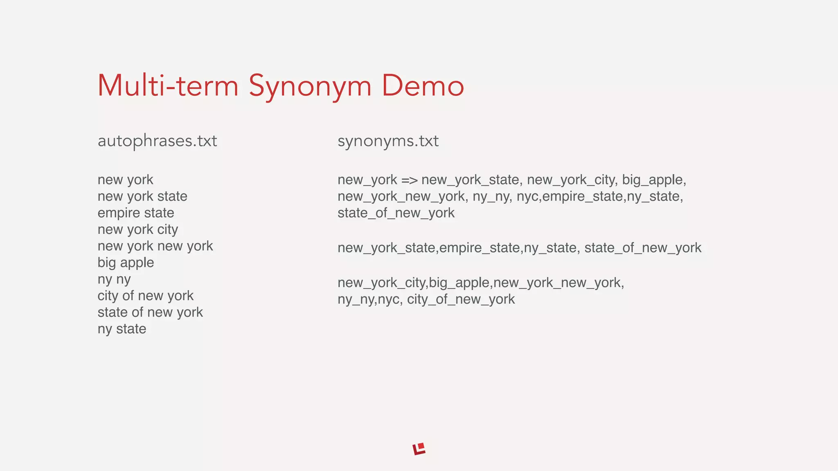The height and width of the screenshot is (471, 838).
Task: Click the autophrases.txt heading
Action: [157, 141]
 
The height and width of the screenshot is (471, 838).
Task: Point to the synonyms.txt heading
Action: [388, 141]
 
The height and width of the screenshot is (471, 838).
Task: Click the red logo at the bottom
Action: [419, 449]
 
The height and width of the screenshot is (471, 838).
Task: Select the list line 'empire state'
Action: [136, 213]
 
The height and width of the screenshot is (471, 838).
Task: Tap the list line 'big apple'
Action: [126, 262]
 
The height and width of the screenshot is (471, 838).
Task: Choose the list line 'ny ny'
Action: [114, 279]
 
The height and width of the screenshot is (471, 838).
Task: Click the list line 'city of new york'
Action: [145, 296]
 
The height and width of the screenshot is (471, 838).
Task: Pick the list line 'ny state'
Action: [122, 329]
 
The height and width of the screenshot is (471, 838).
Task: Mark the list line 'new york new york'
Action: [155, 246]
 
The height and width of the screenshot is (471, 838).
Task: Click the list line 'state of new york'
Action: [150, 312]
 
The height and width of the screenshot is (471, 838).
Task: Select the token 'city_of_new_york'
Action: [461, 299]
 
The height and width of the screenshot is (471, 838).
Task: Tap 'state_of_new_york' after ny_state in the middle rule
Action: [642, 248]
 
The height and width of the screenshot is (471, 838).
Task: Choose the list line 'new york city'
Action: [137, 229]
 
